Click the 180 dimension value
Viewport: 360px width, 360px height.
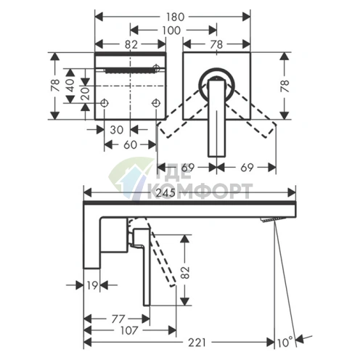[175, 17]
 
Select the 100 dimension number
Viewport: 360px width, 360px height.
[171, 30]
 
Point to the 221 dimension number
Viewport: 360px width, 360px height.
[197, 343]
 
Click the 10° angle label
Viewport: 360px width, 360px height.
[285, 343]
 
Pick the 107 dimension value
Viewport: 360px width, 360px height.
[128, 330]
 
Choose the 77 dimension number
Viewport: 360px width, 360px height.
[118, 319]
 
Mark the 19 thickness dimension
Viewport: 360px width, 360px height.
[92, 285]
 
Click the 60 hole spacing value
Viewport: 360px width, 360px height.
[130, 145]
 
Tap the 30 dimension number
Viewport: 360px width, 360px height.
[117, 130]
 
